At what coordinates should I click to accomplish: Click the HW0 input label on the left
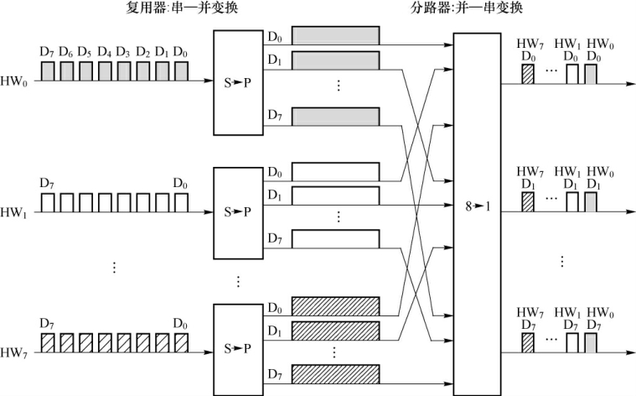point(13,82)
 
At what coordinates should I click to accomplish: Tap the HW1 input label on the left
point(13,212)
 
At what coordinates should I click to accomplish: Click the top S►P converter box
point(239,82)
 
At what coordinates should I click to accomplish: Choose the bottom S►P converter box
point(239,348)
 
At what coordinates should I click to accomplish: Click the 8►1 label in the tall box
point(478,206)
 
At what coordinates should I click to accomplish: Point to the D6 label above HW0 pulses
point(66,53)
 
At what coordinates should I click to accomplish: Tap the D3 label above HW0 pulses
point(123,53)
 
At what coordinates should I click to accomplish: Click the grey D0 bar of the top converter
point(335,35)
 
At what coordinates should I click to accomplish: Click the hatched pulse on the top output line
point(528,74)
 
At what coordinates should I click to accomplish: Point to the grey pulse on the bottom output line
point(592,342)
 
